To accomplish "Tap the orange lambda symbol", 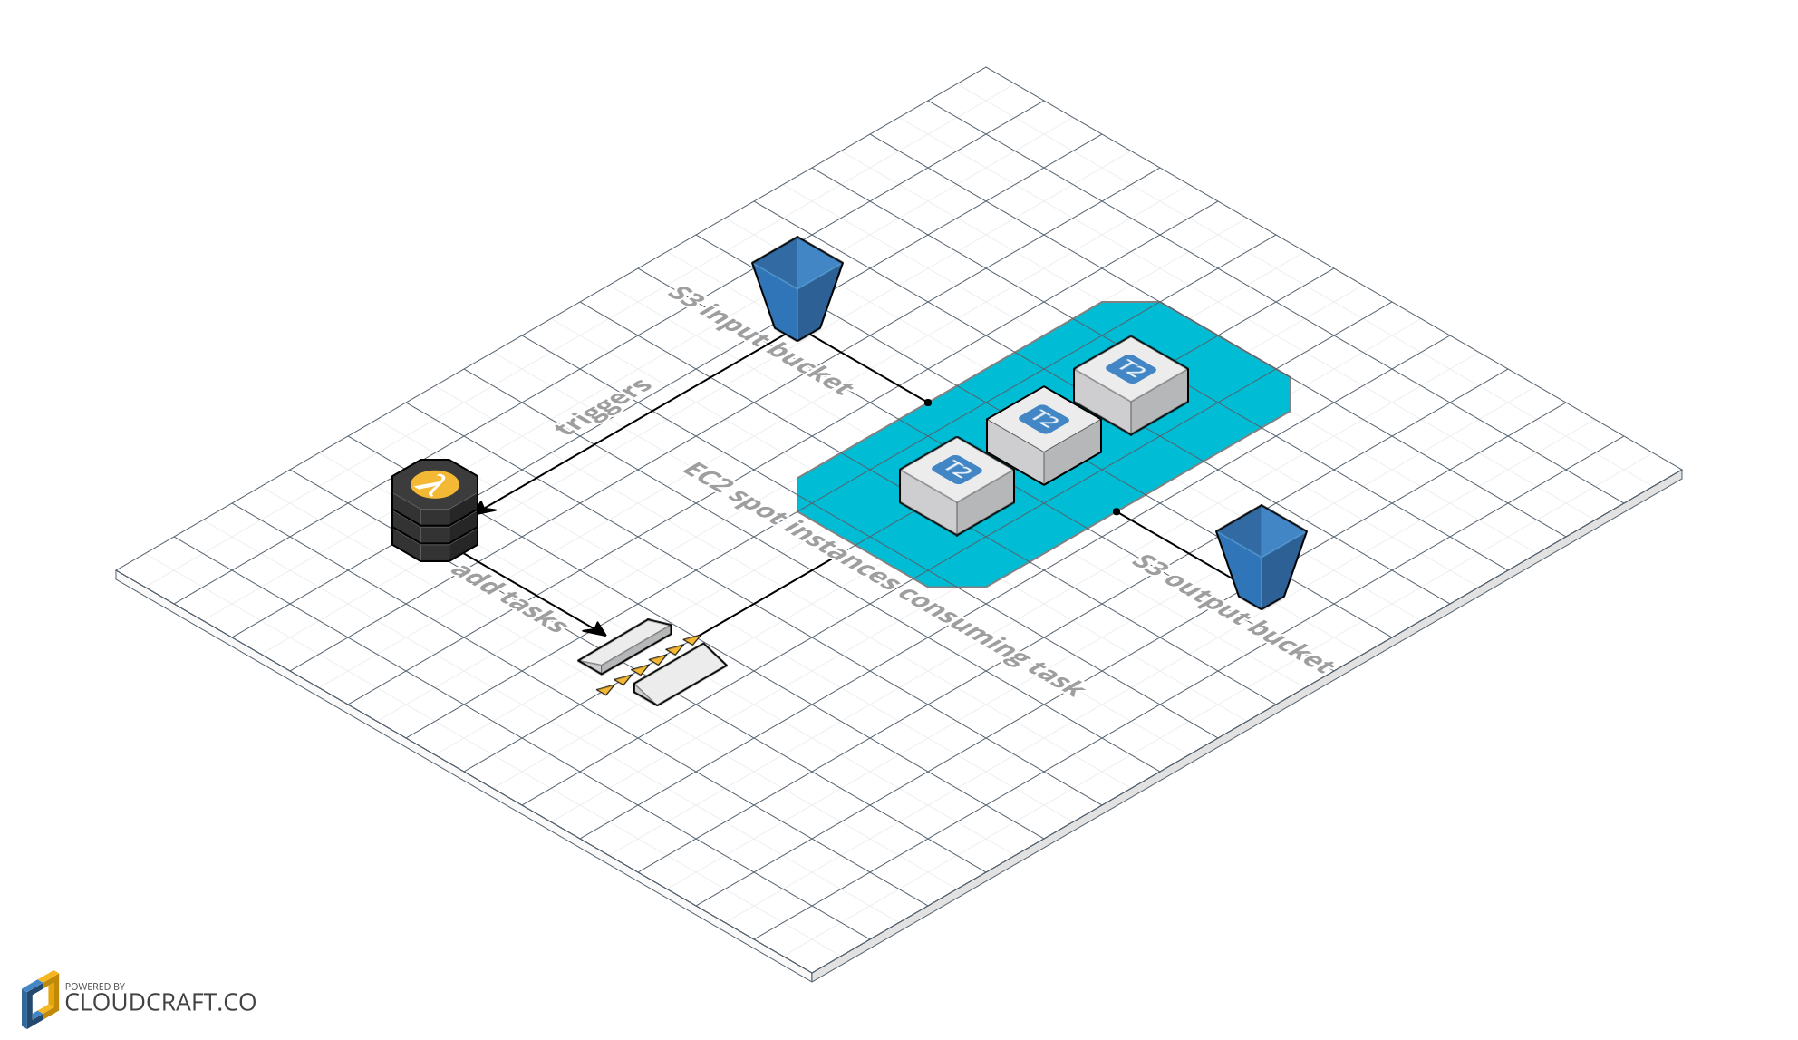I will (435, 484).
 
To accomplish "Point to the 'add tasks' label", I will (508, 597).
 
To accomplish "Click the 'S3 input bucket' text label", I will (760, 340).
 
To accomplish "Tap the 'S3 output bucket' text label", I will (1232, 614).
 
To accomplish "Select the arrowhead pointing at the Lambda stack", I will (486, 510).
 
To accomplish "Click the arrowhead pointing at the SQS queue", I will (596, 630).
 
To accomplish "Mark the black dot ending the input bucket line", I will (928, 403).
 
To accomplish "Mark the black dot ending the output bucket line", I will (1116, 511).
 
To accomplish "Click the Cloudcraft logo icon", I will (40, 999).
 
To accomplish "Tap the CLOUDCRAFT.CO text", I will (160, 1003).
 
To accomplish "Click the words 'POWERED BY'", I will (95, 987).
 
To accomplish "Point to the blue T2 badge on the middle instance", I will (1044, 419).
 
